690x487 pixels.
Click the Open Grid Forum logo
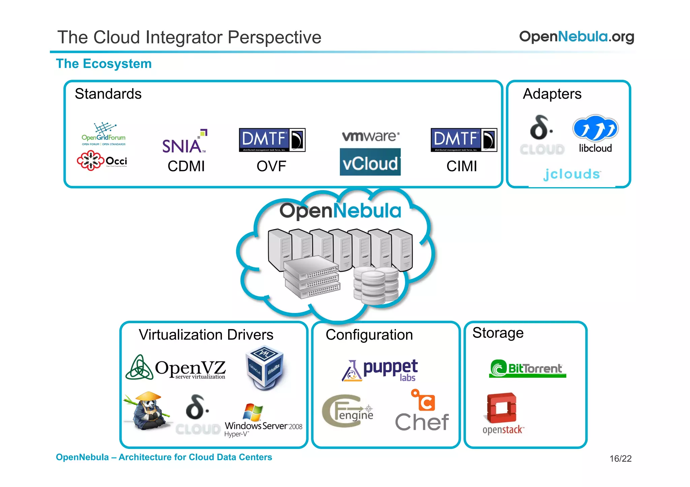click(x=103, y=134)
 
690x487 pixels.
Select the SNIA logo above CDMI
click(x=184, y=142)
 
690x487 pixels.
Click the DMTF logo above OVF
click(x=272, y=140)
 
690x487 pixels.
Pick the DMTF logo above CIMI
click(x=464, y=140)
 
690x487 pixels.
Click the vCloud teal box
click(x=370, y=162)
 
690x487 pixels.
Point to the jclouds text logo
click(x=572, y=174)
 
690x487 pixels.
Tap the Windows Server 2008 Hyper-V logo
click(x=263, y=421)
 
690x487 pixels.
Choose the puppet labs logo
click(x=380, y=370)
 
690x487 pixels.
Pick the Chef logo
click(x=422, y=412)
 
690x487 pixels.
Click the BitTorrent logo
click(x=527, y=369)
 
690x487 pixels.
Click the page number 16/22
click(x=620, y=459)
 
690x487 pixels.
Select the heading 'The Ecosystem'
click(x=104, y=64)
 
